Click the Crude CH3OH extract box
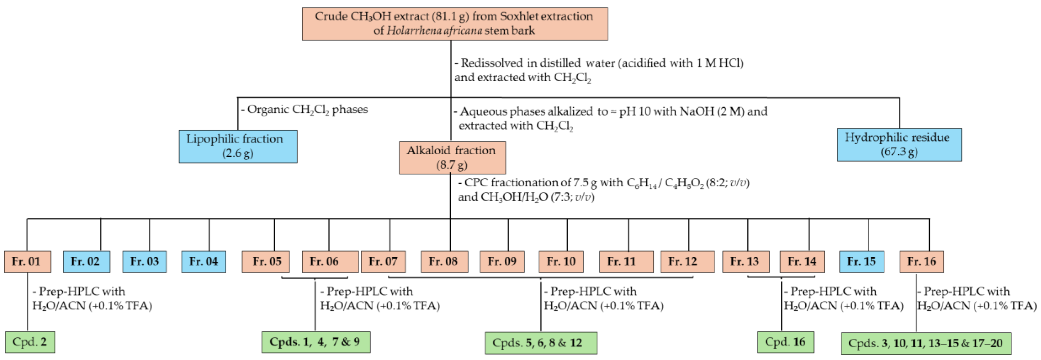(x=455, y=24)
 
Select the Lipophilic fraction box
(x=238, y=146)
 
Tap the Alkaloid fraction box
(x=452, y=158)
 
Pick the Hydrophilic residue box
(x=899, y=145)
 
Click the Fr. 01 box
(x=27, y=262)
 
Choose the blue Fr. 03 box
(x=144, y=262)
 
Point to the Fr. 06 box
(x=330, y=262)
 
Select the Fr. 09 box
(x=502, y=262)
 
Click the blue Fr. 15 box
(x=861, y=262)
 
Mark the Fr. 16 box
(x=921, y=262)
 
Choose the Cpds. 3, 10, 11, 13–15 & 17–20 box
(x=925, y=343)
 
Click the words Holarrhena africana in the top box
(x=434, y=31)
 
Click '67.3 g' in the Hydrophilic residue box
(x=899, y=152)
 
